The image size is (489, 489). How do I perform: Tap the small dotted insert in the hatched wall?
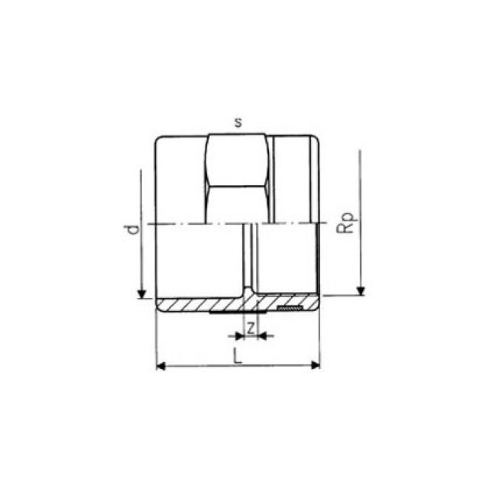click(x=290, y=308)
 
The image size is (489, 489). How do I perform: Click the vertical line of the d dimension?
click(x=141, y=229)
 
